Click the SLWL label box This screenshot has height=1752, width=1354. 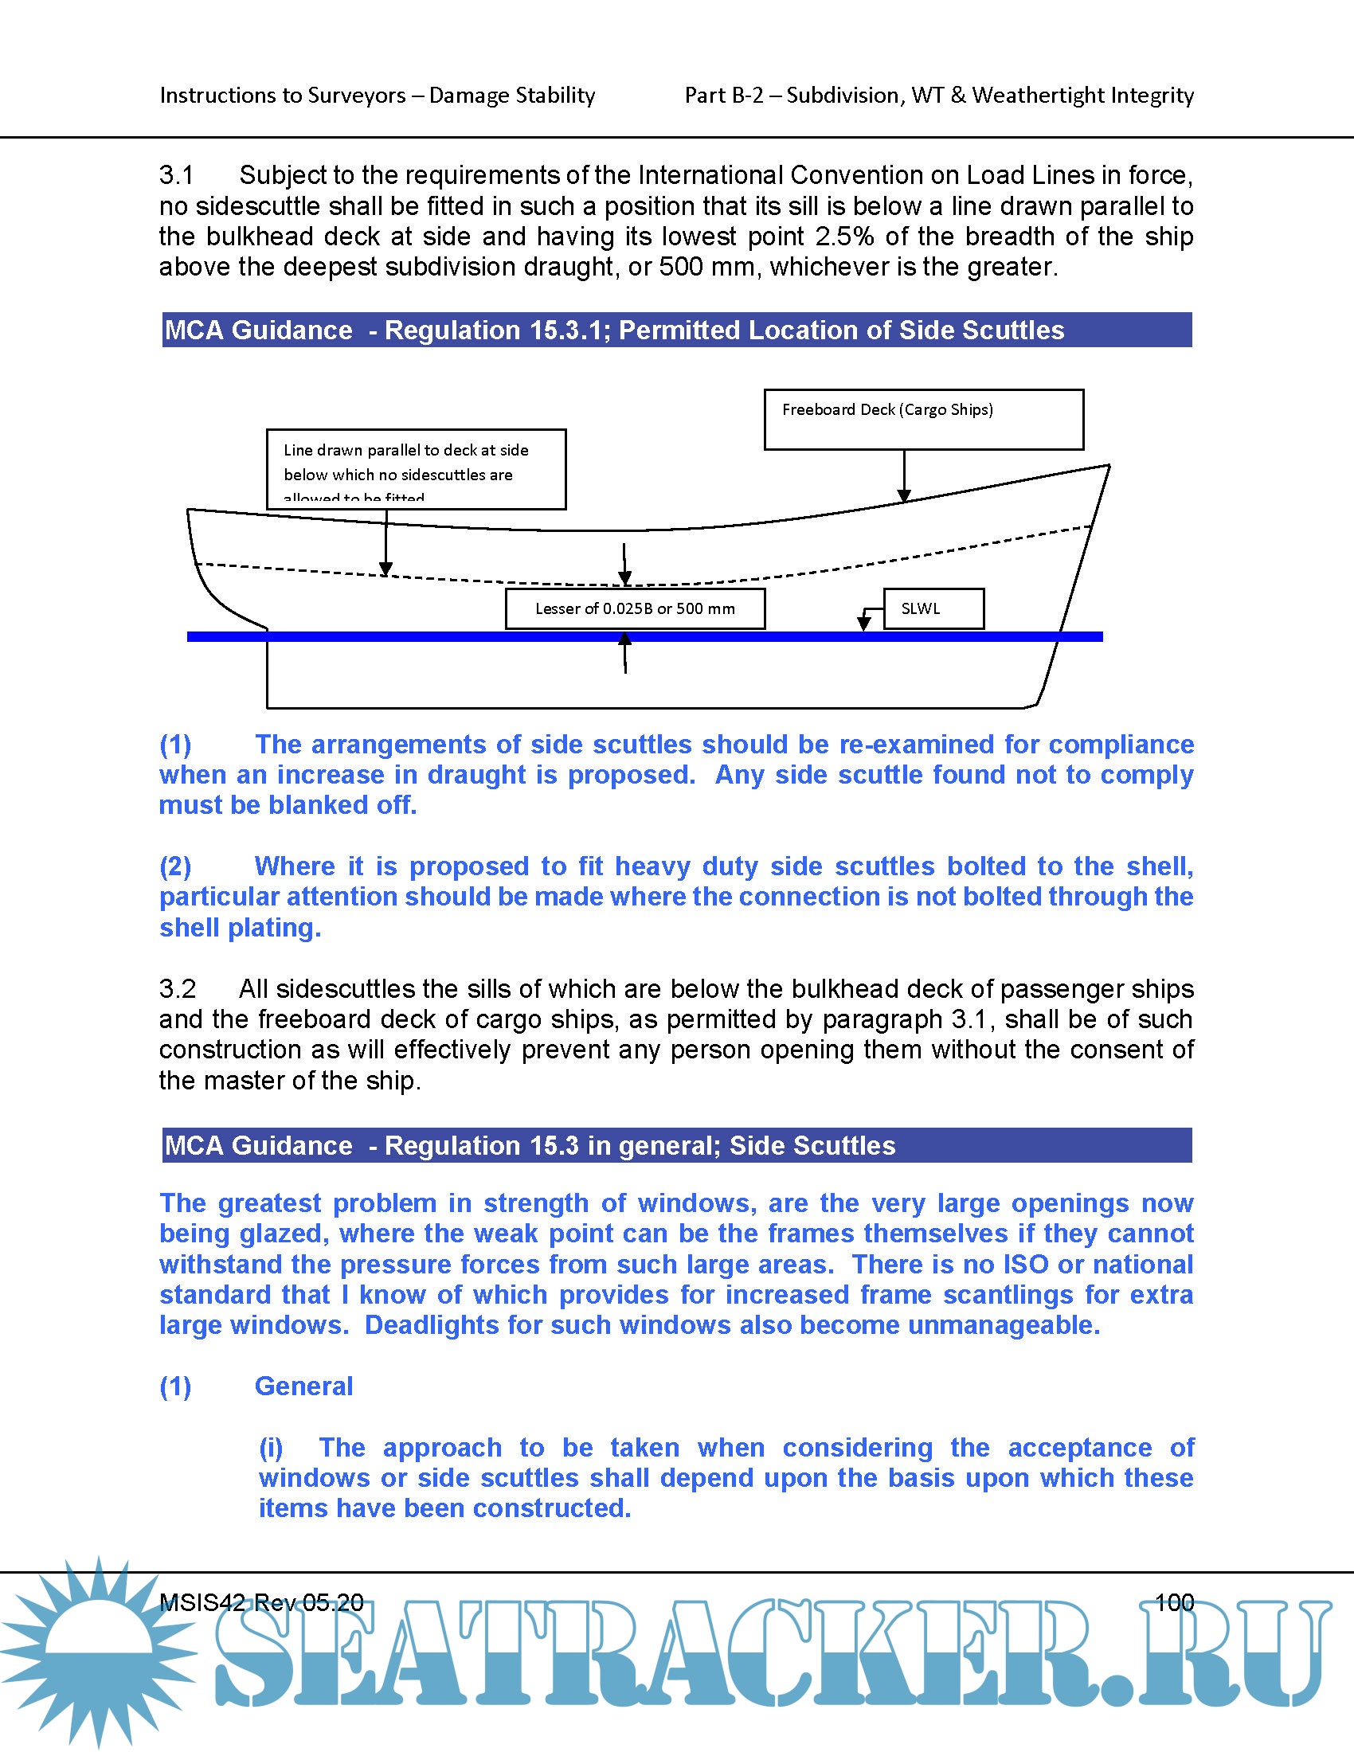tap(933, 609)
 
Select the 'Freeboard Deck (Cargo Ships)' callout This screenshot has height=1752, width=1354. tap(923, 419)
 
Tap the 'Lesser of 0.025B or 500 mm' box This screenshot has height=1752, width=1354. tap(635, 609)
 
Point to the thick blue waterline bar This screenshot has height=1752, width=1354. tap(449, 636)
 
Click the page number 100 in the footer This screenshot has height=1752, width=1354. tap(1174, 1602)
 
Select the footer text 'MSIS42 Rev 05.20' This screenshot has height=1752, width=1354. tap(261, 1602)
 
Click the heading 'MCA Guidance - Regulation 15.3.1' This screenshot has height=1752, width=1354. tap(613, 330)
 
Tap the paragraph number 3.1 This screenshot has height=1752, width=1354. tap(177, 175)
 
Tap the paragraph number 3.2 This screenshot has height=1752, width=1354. tap(178, 988)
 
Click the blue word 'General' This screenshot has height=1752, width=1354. tap(303, 1386)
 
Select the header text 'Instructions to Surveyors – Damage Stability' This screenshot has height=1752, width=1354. tap(377, 96)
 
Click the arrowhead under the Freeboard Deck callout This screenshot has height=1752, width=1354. tap(904, 496)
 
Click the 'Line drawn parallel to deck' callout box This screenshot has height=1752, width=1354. tap(416, 468)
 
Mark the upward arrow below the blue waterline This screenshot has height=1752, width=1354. tap(625, 651)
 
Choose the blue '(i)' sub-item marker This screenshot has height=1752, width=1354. tap(271, 1447)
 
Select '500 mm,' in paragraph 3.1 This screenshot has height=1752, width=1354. tap(708, 266)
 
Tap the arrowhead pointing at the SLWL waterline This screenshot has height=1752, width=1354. tap(864, 624)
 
